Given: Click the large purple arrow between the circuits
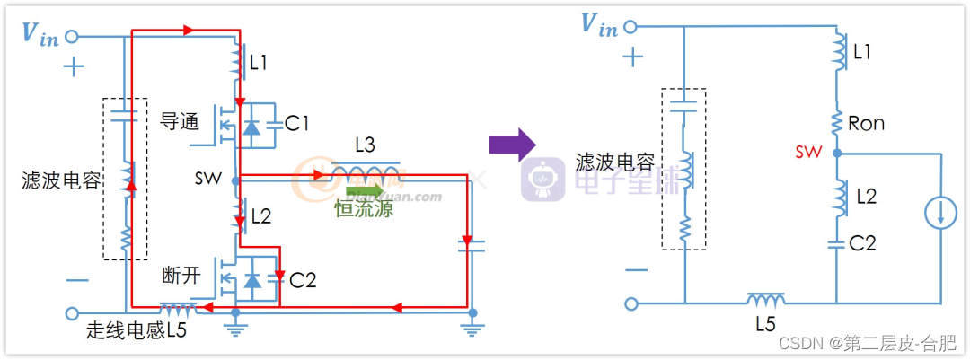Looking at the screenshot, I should pos(512,144).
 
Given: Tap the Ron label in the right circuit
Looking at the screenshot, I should pos(866,124).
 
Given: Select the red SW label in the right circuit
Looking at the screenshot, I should pos(808,153).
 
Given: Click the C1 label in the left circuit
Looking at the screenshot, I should pos(297,122).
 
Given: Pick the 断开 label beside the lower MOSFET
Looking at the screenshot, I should pos(181,275).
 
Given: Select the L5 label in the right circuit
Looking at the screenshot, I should pos(765,324).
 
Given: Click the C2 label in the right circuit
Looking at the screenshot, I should pos(863,242).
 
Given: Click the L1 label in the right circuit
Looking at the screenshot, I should pos(862,53).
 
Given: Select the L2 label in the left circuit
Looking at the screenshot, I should pos(261,215).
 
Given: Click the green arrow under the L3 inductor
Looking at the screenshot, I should pos(364,189).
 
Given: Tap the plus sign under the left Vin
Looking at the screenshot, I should pos(73,66).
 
